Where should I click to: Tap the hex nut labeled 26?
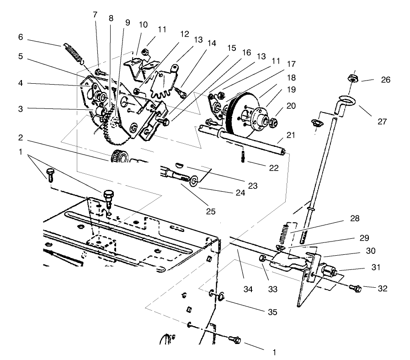tap(352, 78)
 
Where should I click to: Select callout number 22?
tap(274, 168)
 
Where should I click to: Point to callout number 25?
tap(210, 211)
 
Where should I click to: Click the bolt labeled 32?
tap(355, 288)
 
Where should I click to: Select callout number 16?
tap(247, 53)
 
